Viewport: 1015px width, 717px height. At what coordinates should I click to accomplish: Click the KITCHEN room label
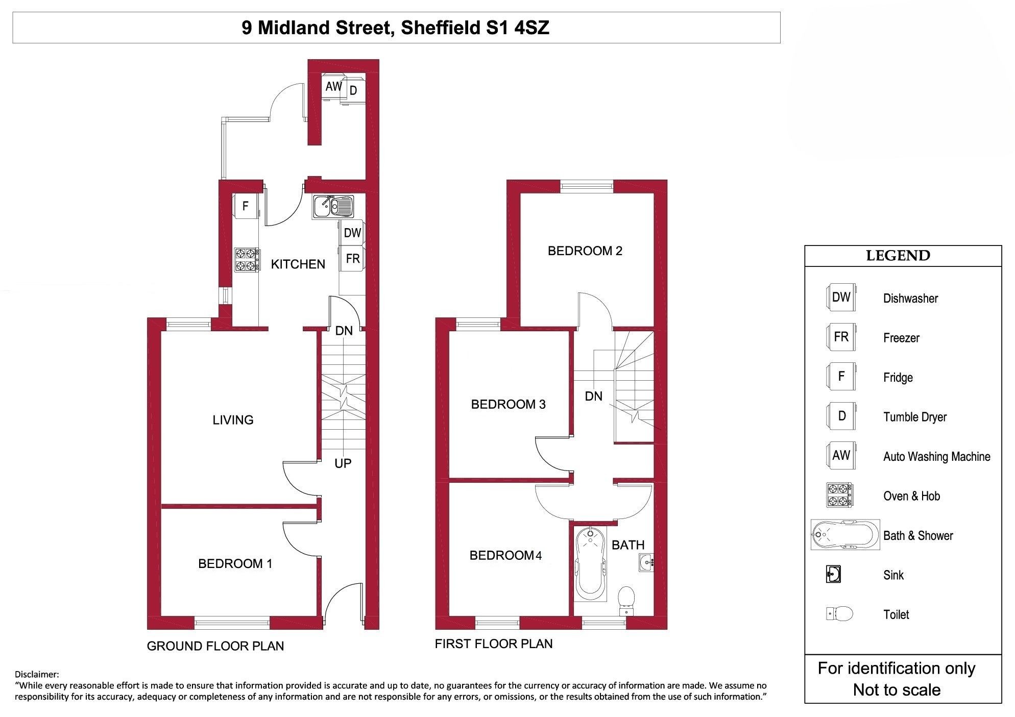(x=298, y=264)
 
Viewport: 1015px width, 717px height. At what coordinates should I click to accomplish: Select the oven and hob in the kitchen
(x=247, y=260)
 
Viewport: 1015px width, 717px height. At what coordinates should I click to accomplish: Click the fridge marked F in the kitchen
(x=246, y=206)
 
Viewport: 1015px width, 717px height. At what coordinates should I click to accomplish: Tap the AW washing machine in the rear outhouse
(x=333, y=87)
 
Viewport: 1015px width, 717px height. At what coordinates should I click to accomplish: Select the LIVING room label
(x=233, y=419)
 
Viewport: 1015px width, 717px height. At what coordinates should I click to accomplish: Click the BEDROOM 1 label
(x=235, y=563)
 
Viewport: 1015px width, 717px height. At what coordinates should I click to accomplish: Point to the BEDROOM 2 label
(x=585, y=251)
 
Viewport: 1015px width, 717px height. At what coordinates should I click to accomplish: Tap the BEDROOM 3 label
(x=509, y=404)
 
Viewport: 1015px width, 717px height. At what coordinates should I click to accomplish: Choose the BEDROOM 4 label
(x=505, y=555)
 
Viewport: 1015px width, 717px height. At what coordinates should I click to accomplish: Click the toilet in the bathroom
(x=626, y=601)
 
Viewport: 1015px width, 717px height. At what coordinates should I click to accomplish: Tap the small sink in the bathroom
(x=646, y=562)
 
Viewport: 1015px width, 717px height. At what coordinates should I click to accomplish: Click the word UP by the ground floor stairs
(x=343, y=463)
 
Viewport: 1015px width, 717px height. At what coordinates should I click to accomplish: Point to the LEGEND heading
(x=898, y=255)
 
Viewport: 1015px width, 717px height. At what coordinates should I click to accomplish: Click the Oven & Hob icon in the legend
(x=839, y=495)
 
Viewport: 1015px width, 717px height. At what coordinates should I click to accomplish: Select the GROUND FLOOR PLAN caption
(x=215, y=646)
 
